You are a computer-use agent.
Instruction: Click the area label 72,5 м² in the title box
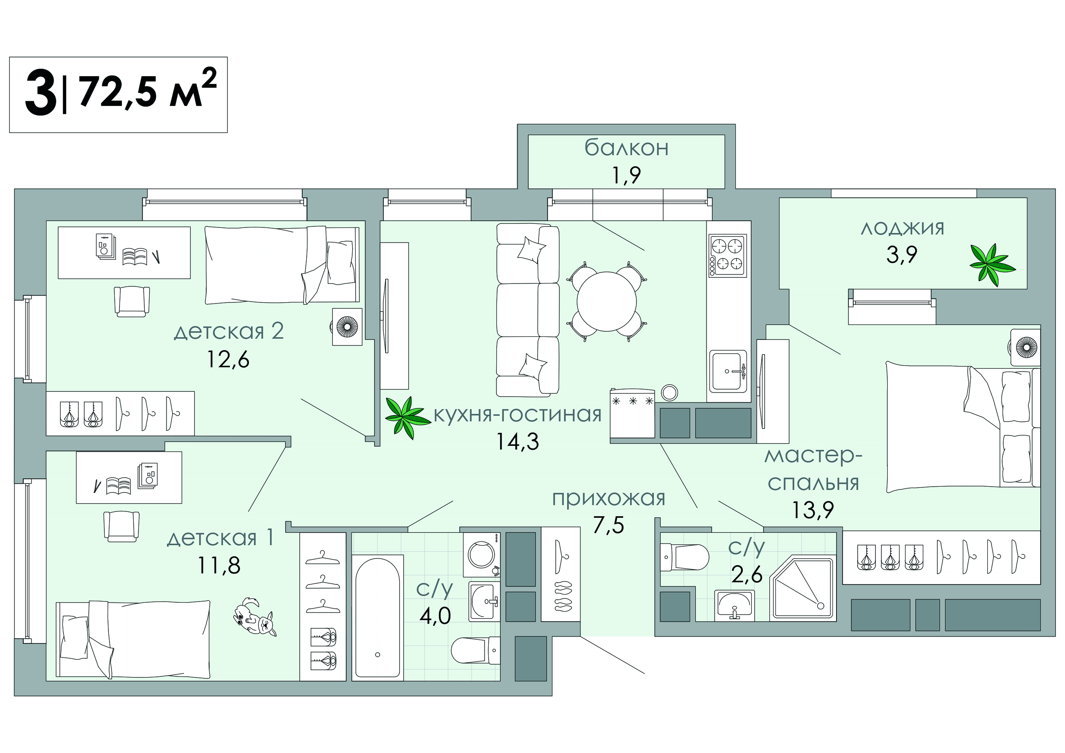click(148, 91)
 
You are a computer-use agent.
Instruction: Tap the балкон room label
click(626, 148)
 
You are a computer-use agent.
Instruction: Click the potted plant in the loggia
click(992, 265)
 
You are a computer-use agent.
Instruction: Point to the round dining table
click(606, 302)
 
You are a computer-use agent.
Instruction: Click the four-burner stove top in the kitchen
click(727, 255)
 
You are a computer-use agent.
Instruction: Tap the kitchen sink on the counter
click(727, 371)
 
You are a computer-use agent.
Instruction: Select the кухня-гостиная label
click(517, 414)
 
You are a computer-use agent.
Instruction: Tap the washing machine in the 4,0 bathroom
click(481, 555)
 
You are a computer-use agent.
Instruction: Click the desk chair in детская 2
click(132, 301)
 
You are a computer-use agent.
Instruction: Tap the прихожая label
click(608, 499)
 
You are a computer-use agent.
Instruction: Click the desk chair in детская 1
click(121, 526)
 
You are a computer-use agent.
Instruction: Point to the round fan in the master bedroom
click(1026, 347)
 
